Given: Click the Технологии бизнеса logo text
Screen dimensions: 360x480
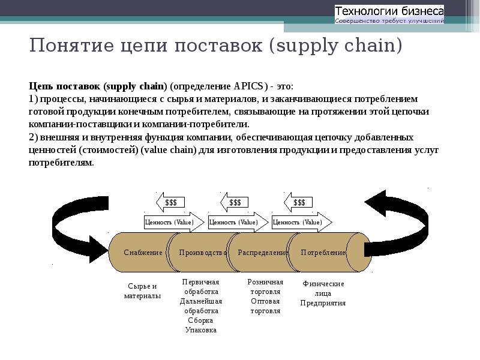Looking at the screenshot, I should pos(389,11).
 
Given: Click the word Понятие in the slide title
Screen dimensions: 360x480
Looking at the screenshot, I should pos(70,46).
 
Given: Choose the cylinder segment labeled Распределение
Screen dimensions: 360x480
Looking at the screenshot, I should pos(263,253).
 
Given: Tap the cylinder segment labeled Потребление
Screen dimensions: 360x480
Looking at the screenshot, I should pos(324,253).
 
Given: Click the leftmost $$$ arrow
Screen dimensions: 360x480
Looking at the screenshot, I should pos(170,203).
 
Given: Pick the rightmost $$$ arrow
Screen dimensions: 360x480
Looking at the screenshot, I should pos(298,203).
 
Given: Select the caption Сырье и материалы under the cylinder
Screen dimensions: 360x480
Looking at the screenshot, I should pos(142,291).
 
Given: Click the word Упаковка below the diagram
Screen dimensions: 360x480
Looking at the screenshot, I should pos(201,330).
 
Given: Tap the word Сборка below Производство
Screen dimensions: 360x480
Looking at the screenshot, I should pos(200,320).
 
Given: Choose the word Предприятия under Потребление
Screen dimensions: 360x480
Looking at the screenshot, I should pos(323,303).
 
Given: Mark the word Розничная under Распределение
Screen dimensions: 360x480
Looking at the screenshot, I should pos(265,282).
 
